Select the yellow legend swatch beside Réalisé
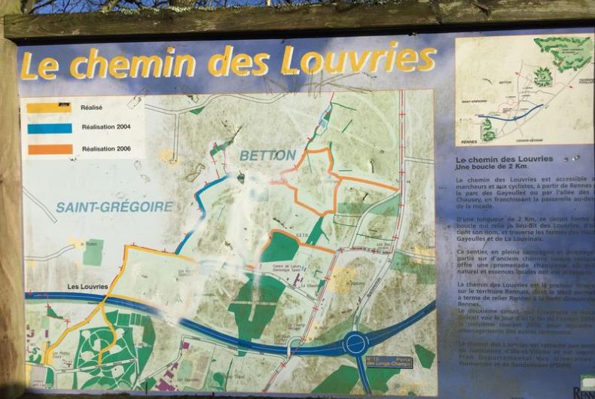click(49, 108)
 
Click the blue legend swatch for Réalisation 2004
click(49, 128)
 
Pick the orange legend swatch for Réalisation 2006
click(49, 148)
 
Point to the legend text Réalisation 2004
click(105, 128)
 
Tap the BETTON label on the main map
click(268, 155)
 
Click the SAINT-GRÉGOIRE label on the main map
click(114, 206)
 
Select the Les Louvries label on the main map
click(87, 287)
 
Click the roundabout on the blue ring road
click(355, 344)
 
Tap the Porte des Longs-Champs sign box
click(389, 362)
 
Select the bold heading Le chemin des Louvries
click(505, 159)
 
